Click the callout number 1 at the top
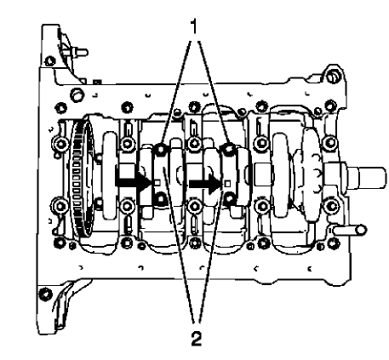point(194,26)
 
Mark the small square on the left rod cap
point(158,180)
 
